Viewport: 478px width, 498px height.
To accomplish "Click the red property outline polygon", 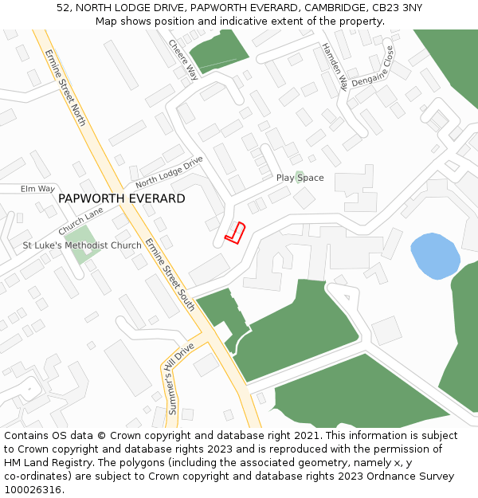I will pyautogui.click(x=234, y=233).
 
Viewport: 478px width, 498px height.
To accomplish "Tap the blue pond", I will pyautogui.click(x=435, y=256).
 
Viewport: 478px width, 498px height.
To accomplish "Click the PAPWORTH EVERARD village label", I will pyautogui.click(x=122, y=198).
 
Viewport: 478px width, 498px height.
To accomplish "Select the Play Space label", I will pyautogui.click(x=300, y=178).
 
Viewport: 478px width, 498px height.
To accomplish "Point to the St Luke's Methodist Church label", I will pyautogui.click(x=82, y=245).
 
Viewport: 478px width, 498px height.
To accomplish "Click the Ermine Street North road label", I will pyautogui.click(x=65, y=88).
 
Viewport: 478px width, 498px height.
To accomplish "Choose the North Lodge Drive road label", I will pyautogui.click(x=170, y=172).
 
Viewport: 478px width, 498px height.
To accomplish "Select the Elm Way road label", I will pyautogui.click(x=37, y=189).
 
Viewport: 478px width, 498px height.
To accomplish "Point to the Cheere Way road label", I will pyautogui.click(x=184, y=60).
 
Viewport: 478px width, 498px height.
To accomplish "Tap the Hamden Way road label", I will pyautogui.click(x=335, y=66).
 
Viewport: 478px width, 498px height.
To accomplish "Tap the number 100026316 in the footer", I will pyautogui.click(x=32, y=490).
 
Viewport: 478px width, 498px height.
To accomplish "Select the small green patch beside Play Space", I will pyautogui.click(x=299, y=176).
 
